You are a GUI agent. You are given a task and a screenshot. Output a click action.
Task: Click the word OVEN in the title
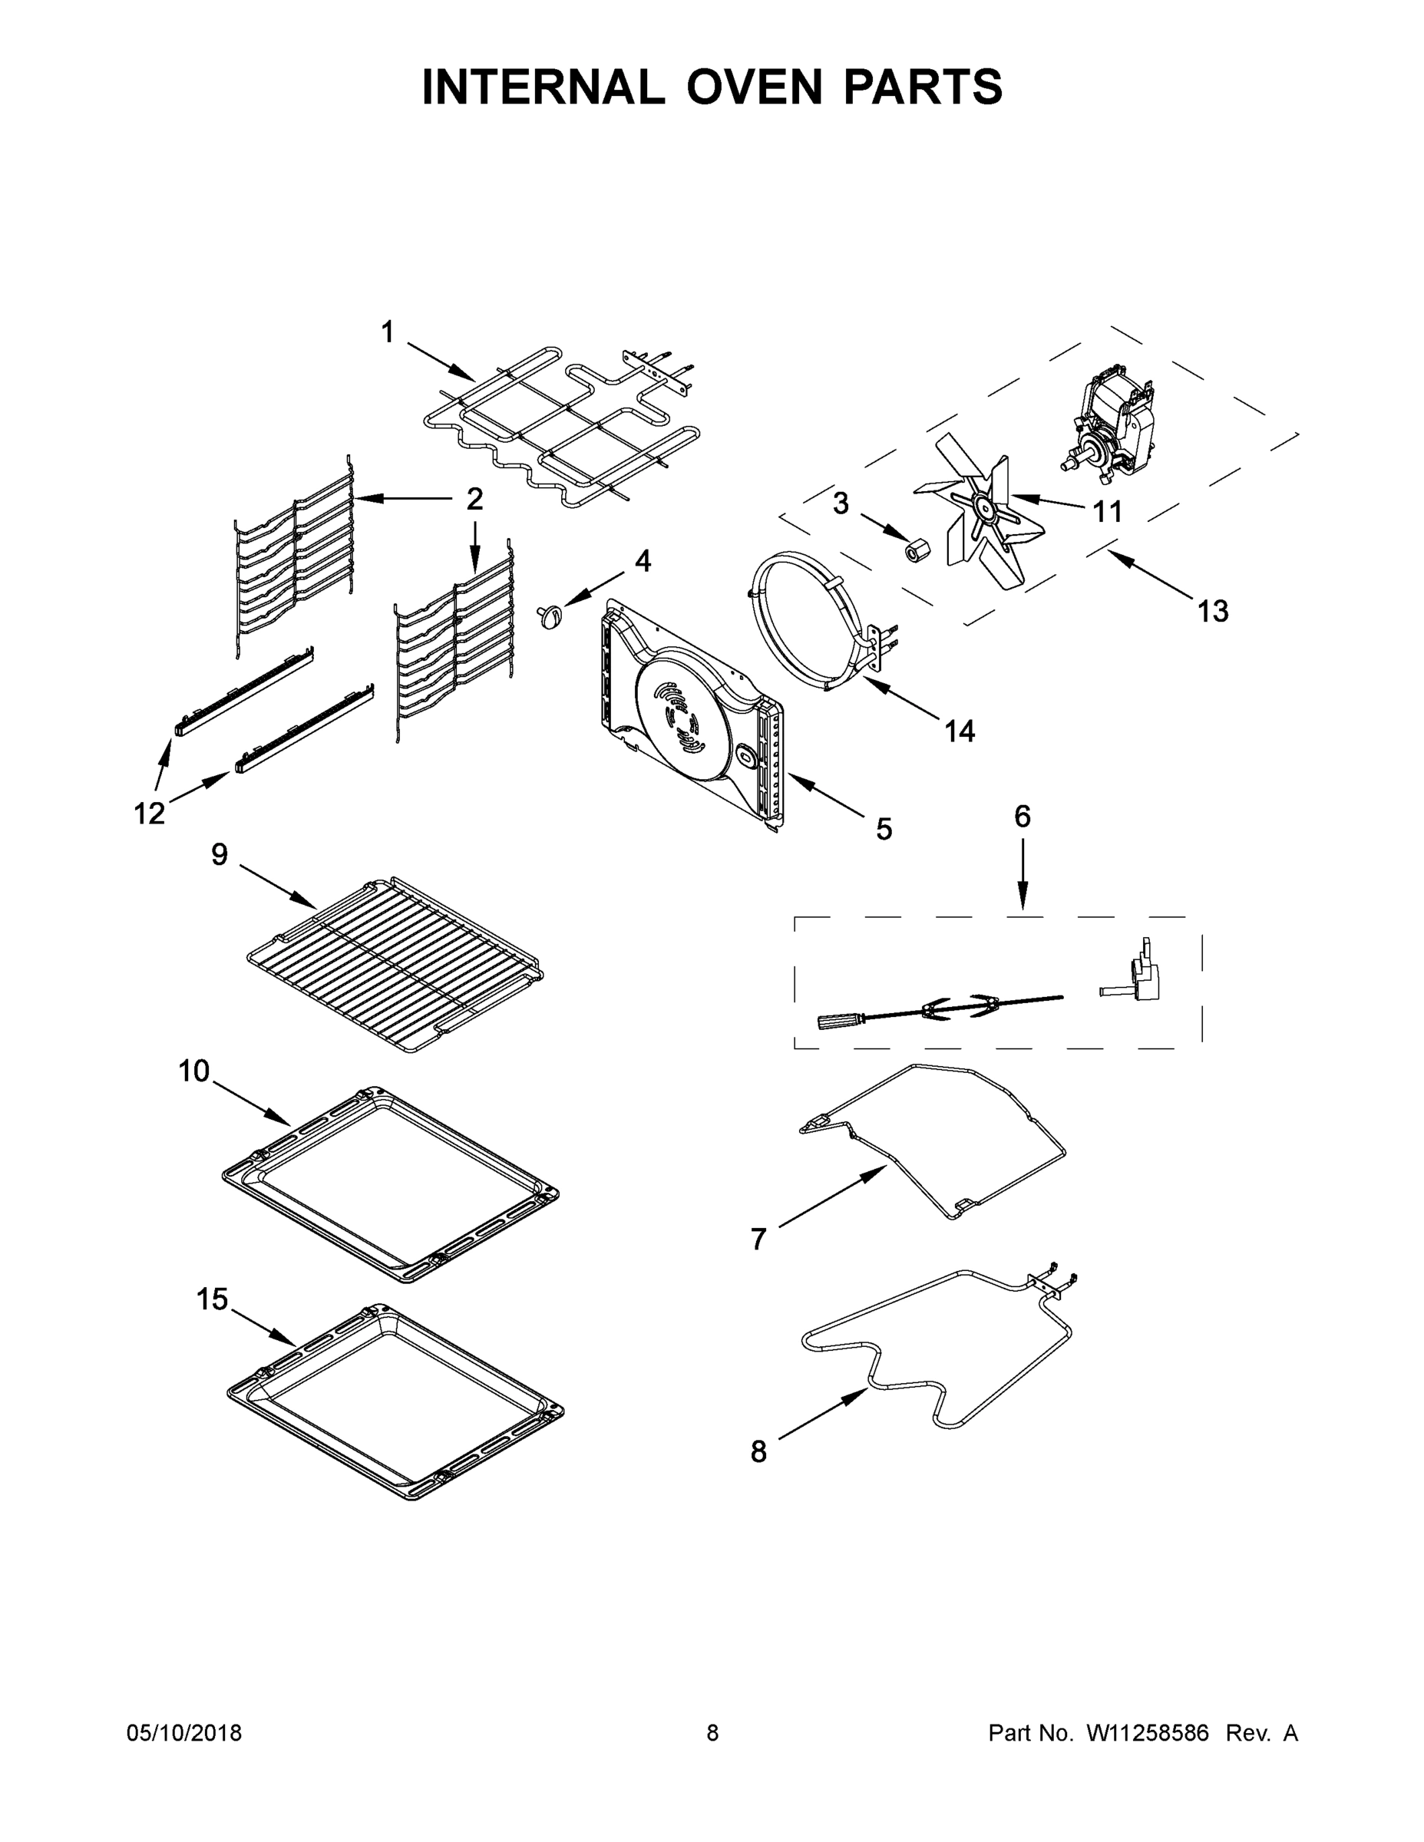753,87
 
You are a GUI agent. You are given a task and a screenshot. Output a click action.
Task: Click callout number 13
1213,611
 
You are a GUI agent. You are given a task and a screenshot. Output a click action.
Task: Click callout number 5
884,829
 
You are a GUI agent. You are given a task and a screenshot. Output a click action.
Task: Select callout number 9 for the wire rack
220,854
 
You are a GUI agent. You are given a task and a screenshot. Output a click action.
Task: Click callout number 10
194,1071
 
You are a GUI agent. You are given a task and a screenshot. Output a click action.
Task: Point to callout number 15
212,1299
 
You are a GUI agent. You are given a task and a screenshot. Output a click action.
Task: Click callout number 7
758,1239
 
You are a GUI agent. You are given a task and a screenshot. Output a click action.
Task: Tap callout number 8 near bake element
758,1451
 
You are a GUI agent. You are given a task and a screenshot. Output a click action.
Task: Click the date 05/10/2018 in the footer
184,1733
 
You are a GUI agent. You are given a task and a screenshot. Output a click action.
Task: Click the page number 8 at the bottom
713,1733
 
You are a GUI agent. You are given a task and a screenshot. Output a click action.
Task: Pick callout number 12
150,814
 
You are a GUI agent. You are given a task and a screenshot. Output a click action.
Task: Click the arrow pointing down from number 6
1023,877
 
